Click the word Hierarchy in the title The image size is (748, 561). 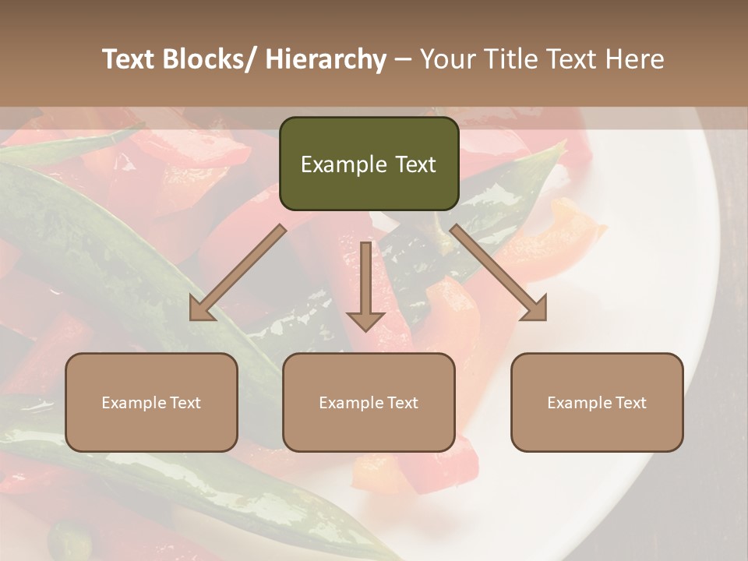coord(326,60)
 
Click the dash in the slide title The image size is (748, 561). coord(404,60)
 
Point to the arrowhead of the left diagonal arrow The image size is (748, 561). coord(199,311)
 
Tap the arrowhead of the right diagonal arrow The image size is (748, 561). coord(536,311)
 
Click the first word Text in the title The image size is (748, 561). coord(132,60)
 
